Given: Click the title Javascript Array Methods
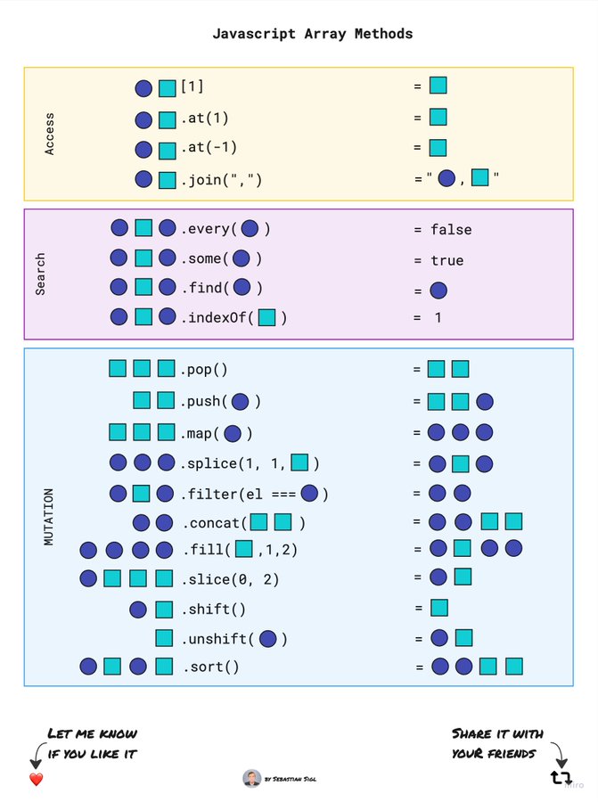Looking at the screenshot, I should click(x=312, y=34).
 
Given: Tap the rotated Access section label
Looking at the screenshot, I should click(x=49, y=134).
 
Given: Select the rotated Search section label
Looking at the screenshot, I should click(x=40, y=274).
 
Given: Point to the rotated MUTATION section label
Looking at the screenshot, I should click(x=48, y=517).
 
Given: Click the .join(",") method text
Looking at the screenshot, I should click(x=222, y=180).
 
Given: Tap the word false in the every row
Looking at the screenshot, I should click(x=451, y=230).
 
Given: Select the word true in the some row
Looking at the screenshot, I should click(x=446, y=260).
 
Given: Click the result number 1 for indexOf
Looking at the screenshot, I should click(x=438, y=317).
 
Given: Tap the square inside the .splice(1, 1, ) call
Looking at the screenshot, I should click(x=300, y=462).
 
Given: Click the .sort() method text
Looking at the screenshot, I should click(x=211, y=667).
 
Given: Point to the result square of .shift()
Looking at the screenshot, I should click(x=438, y=608).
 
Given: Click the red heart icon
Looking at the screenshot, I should click(x=37, y=780).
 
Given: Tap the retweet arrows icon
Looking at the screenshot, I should click(x=560, y=778).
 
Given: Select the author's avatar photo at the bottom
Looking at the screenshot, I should click(x=251, y=778).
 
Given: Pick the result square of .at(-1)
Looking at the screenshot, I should click(x=438, y=147).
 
